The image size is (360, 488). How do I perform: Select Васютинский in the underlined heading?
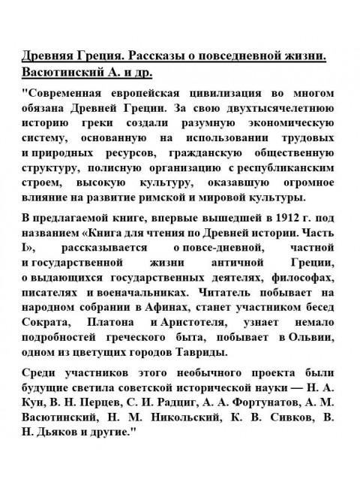(63, 74)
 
